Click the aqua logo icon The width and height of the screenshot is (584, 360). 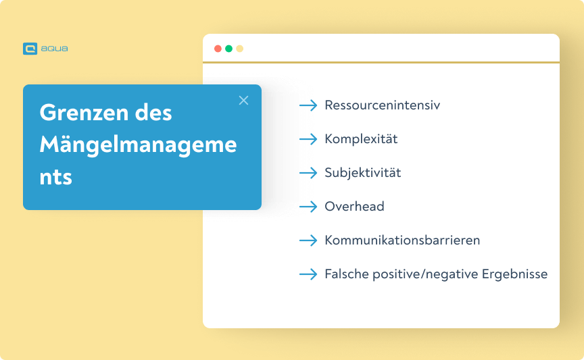coord(30,49)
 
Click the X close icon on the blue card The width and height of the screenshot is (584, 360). coord(244,101)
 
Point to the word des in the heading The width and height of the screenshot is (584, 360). coord(156,113)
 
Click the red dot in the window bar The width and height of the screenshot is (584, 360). coord(218,49)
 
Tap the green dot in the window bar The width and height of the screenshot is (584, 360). coord(228,49)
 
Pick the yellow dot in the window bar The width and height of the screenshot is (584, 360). coord(239,49)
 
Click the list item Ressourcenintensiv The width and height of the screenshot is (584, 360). coord(383,105)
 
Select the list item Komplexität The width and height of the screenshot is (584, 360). coord(361,139)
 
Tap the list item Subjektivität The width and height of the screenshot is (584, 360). coord(363,173)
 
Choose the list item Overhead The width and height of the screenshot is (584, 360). coord(354,207)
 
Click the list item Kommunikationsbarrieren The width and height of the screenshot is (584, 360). coord(402,240)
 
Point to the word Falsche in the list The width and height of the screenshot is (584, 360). coord(347,274)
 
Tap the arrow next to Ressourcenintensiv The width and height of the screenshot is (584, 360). coord(308,105)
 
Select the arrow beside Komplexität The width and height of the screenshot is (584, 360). coord(308,139)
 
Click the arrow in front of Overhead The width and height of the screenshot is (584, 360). coord(308,207)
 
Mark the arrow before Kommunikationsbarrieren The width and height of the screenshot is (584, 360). coord(308,240)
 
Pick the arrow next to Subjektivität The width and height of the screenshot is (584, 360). coord(308,173)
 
